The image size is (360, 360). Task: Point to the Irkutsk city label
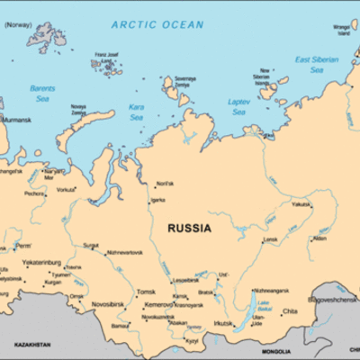223,323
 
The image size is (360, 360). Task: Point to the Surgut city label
91,245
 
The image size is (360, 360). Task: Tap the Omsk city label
76,296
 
